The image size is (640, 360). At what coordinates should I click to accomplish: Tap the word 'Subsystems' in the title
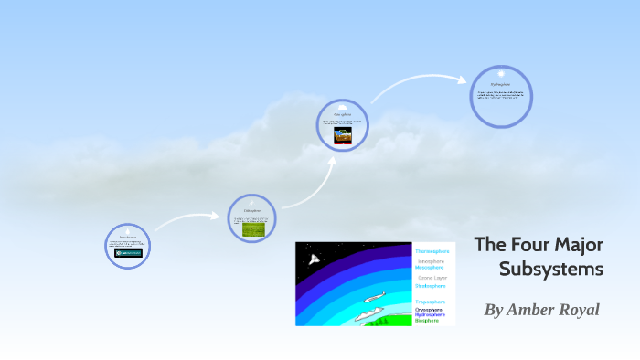coord(551,269)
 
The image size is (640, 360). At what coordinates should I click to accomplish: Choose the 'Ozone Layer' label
coord(432,278)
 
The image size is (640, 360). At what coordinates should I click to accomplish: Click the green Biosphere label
coord(427,321)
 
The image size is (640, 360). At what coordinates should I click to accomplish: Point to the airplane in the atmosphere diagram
coord(375,297)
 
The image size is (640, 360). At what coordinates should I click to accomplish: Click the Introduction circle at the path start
coord(127,246)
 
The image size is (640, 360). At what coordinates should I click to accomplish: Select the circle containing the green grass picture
coord(251,218)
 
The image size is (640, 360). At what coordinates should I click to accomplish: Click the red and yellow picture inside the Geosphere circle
coord(342,136)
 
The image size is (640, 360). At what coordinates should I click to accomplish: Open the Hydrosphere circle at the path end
coord(500,96)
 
